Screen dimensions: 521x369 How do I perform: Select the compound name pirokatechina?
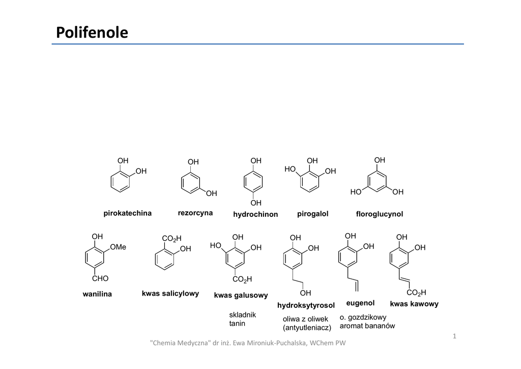point(127,213)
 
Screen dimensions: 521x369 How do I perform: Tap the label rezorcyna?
point(195,213)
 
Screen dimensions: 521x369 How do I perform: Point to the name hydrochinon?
point(255,214)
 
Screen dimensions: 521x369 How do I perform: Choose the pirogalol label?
point(312,214)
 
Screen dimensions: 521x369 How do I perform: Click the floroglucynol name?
point(380,214)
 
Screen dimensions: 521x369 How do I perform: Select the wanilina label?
point(97,294)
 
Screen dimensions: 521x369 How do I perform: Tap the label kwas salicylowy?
point(170,294)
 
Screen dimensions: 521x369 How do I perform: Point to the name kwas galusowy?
point(241,295)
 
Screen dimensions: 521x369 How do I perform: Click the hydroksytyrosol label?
point(306,305)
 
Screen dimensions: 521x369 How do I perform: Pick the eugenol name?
point(360,303)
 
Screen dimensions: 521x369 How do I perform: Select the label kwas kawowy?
point(414,304)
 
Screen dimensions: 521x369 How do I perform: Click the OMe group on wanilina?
point(118,247)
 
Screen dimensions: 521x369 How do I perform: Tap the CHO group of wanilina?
point(100,279)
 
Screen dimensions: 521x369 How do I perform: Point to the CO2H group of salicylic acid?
point(171,238)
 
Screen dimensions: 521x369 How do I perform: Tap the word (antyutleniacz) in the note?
point(307,327)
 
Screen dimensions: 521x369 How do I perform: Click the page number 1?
point(455,336)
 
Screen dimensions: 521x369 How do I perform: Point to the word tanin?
point(237,323)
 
